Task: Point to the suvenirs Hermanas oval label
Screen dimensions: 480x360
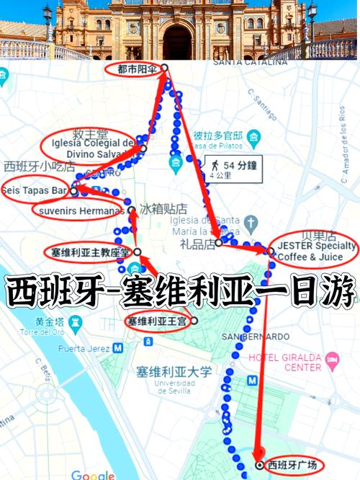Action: coord(78,210)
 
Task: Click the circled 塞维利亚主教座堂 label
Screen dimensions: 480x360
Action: coord(90,253)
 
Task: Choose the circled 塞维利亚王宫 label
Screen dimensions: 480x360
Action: coord(157,320)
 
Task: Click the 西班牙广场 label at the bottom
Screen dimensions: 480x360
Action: coord(291,465)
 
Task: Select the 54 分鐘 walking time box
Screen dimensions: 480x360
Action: coord(231,168)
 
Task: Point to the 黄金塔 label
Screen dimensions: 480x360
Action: coord(34,324)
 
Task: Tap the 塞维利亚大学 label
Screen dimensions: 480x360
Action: coord(174,372)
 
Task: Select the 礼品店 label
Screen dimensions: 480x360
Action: coord(199,244)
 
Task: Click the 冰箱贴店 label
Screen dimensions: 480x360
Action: coord(158,209)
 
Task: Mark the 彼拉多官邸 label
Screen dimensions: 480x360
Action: coord(217,135)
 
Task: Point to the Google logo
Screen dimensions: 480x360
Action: coord(93,475)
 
